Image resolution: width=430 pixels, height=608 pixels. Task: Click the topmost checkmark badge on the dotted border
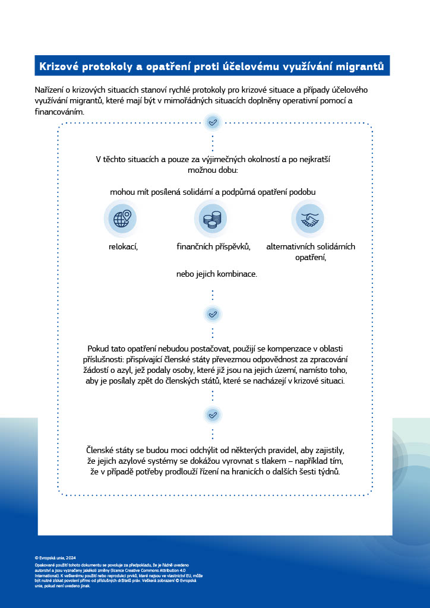pos(213,122)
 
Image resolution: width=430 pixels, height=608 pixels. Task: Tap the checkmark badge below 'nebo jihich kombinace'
pos(213,313)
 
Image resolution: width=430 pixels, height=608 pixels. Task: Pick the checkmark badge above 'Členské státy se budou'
pos(213,414)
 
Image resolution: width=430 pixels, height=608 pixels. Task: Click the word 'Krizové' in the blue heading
pos(59,66)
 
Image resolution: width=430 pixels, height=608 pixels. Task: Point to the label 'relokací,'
pos(124,246)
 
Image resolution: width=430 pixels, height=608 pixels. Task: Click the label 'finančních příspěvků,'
pos(213,246)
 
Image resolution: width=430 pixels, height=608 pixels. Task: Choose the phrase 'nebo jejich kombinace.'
pos(217,274)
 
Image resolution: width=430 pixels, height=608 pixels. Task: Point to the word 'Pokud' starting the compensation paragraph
pos(99,349)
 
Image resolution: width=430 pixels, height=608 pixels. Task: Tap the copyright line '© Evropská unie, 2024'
pos(55,558)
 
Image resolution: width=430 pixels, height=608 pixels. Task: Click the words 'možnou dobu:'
pos(213,170)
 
